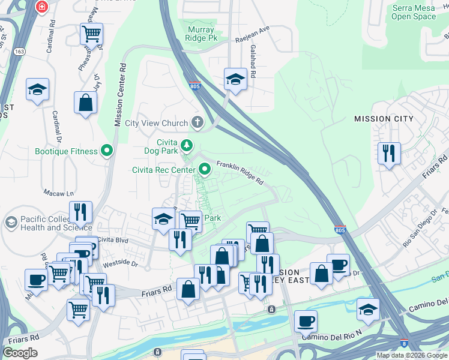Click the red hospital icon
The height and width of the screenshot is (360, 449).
click(41, 7)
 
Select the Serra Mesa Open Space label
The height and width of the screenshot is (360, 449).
click(414, 12)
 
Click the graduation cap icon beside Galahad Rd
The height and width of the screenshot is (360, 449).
click(236, 79)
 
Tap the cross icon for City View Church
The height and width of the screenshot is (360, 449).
click(196, 123)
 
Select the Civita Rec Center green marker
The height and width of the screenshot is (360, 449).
click(205, 170)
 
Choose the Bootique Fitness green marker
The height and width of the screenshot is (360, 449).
click(107, 151)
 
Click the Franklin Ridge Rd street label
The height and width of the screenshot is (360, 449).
click(240, 172)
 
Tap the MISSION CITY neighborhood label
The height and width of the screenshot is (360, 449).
click(384, 119)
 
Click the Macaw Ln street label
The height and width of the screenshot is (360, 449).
click(58, 193)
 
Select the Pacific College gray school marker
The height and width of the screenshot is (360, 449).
click(10, 223)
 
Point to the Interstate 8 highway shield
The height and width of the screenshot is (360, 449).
click(405, 343)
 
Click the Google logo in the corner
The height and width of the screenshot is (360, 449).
click(20, 353)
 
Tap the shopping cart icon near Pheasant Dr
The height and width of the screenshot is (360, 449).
click(91, 34)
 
